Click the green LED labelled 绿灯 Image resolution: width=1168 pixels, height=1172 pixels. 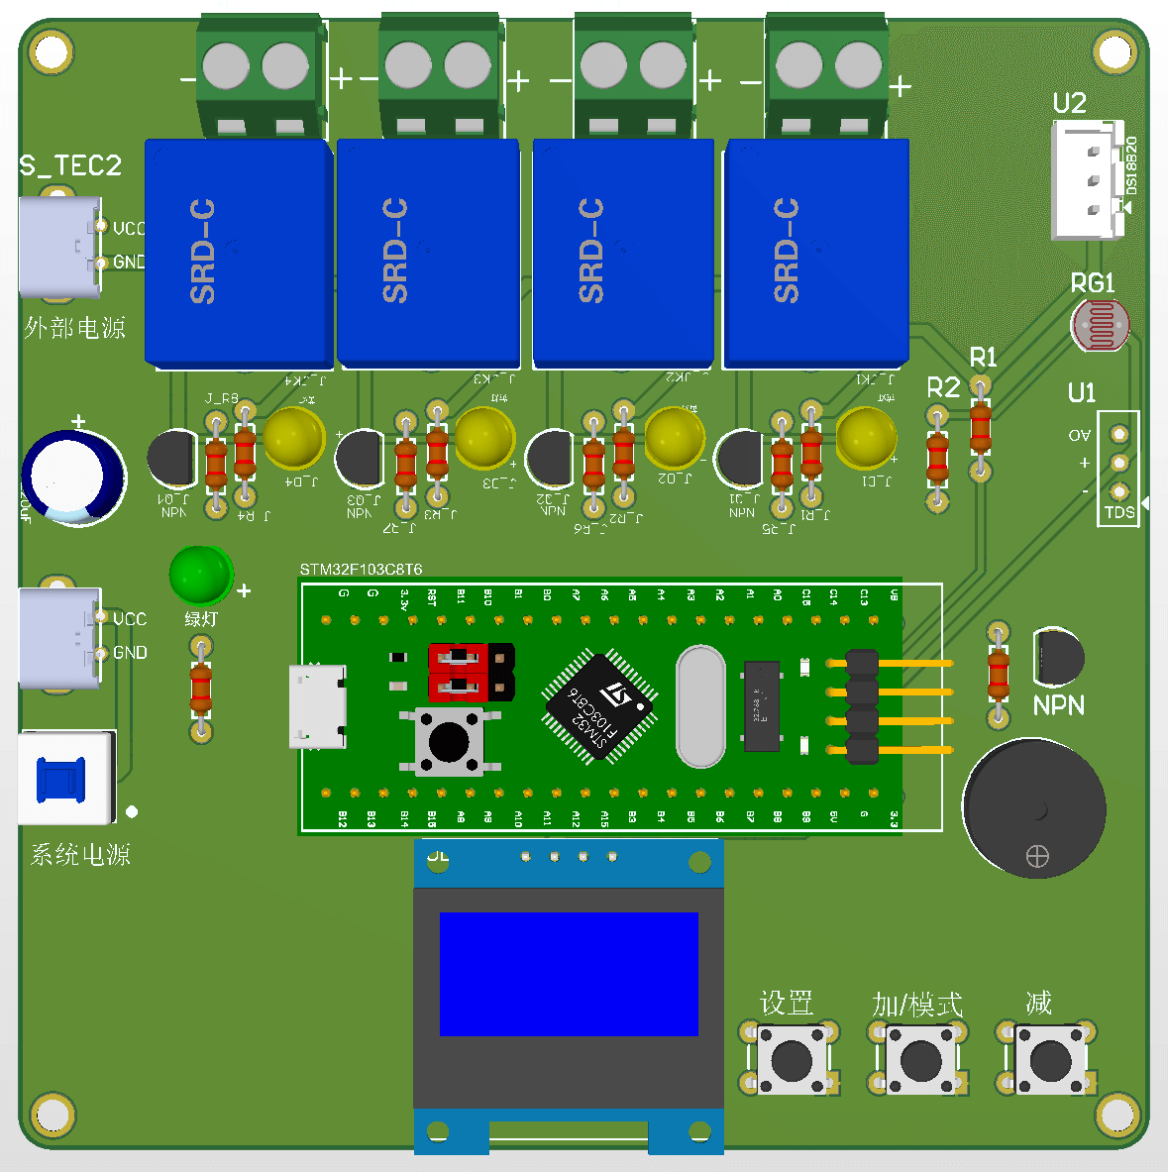point(201,576)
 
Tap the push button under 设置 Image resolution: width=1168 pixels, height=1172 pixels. point(791,1060)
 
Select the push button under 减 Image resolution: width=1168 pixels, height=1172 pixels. point(1050,1060)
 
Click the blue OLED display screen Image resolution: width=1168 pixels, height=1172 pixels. point(569,974)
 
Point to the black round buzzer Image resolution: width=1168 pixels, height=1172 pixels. point(1033,807)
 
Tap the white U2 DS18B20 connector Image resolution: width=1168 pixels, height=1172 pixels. point(1087,180)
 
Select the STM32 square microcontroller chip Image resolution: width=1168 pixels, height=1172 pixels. point(597,706)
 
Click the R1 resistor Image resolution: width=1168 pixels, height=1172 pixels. point(980,428)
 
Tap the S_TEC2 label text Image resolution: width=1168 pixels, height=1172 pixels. point(70,165)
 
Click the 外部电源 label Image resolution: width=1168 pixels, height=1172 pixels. point(75,327)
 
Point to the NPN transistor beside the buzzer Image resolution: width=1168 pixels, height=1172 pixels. point(1057,657)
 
